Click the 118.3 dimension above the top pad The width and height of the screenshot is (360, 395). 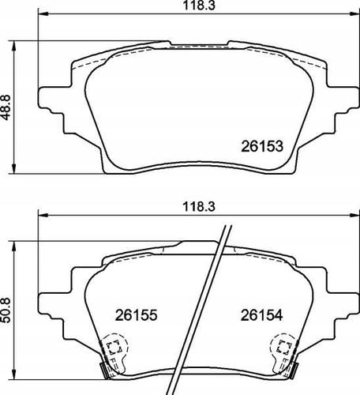pos(199,6)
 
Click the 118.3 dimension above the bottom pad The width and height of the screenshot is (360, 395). pos(199,207)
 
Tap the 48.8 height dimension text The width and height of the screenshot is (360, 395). pos(6,107)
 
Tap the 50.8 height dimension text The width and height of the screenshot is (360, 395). pos(6,310)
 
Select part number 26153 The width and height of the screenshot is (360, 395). pos(262,146)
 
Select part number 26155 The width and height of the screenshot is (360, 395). pos(136,315)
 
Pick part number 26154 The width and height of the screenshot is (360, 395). pos(261,315)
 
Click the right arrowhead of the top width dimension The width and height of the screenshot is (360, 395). pos(354,13)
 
